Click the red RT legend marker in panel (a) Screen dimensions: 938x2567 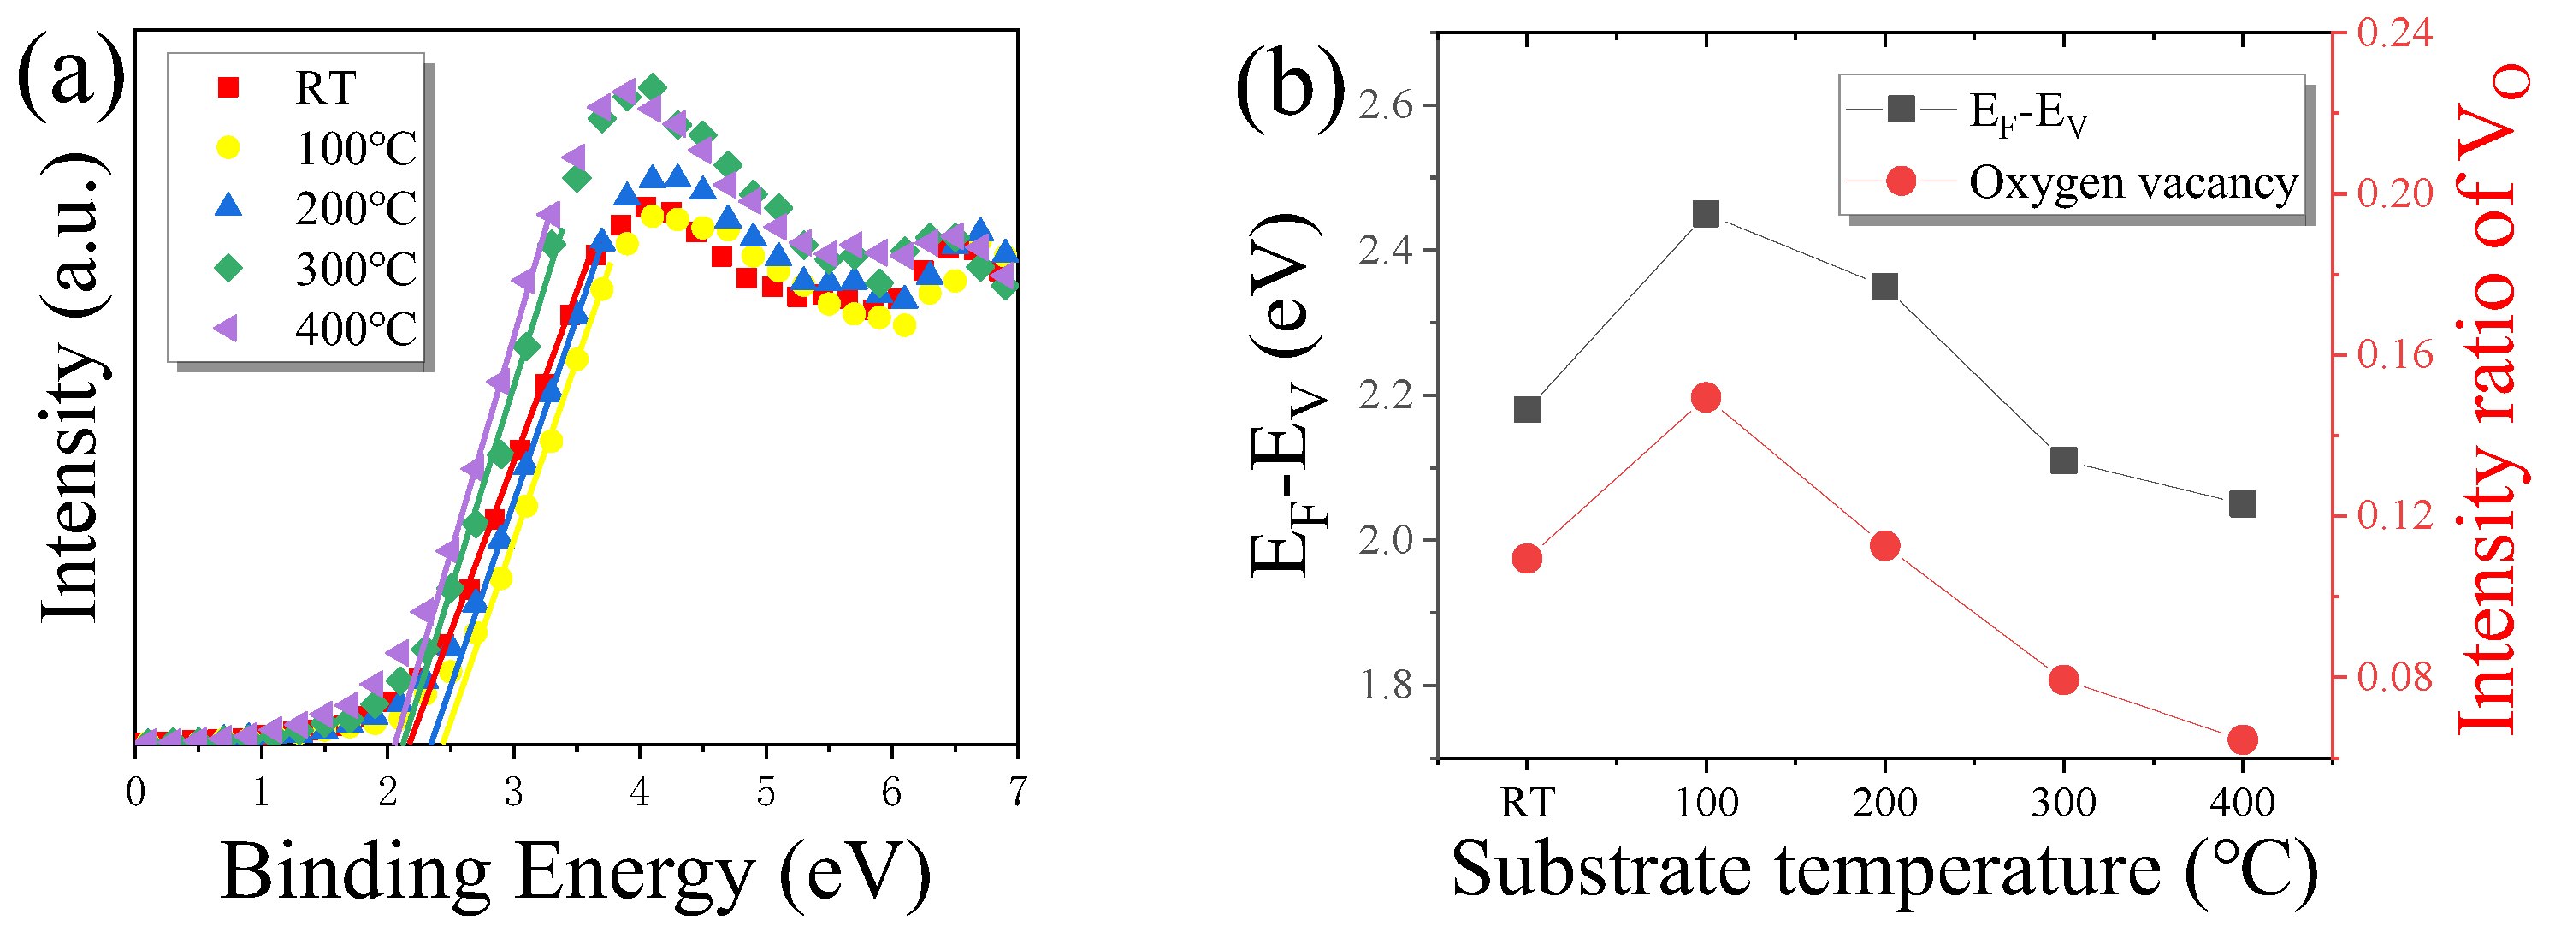pyautogui.click(x=228, y=87)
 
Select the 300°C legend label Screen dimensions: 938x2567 pyautogui.click(x=356, y=269)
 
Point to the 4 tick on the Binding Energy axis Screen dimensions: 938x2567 pyautogui.click(x=639, y=793)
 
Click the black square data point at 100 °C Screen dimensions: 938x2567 pyautogui.click(x=1706, y=213)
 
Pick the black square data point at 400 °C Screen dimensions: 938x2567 pyautogui.click(x=2242, y=504)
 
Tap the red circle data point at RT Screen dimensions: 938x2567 pyautogui.click(x=1527, y=559)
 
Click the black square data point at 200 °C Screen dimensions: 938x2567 pyautogui.click(x=1884, y=287)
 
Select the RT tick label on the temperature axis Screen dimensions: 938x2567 pyautogui.click(x=1527, y=803)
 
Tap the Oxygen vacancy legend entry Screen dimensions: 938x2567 pyautogui.click(x=2132, y=182)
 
